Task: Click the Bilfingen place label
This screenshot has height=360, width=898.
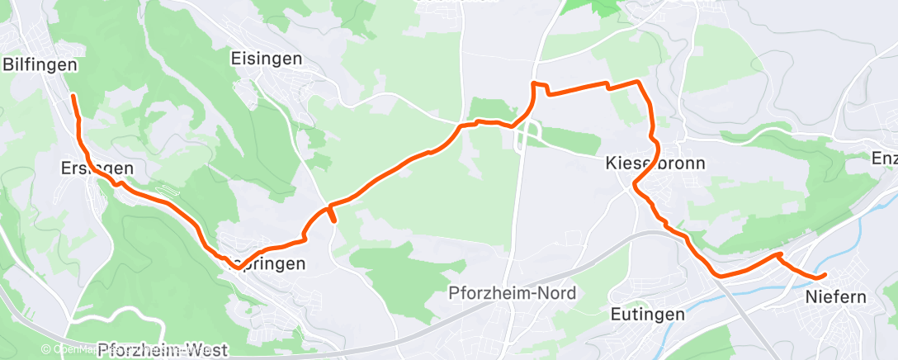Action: point(40,64)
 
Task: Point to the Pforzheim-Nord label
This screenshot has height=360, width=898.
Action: point(512,293)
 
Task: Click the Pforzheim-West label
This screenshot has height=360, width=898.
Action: point(162,350)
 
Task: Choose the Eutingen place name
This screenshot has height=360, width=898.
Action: point(648,314)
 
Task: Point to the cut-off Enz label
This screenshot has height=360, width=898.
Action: point(885,156)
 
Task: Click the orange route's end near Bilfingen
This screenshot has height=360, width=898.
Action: point(73,97)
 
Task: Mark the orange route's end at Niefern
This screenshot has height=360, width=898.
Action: point(824,274)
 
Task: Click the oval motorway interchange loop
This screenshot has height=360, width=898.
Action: point(527,136)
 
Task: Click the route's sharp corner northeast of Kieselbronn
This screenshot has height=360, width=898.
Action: point(637,81)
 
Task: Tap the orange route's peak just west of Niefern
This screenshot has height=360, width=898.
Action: point(779,254)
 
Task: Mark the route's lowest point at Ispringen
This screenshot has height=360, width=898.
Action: point(237,266)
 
